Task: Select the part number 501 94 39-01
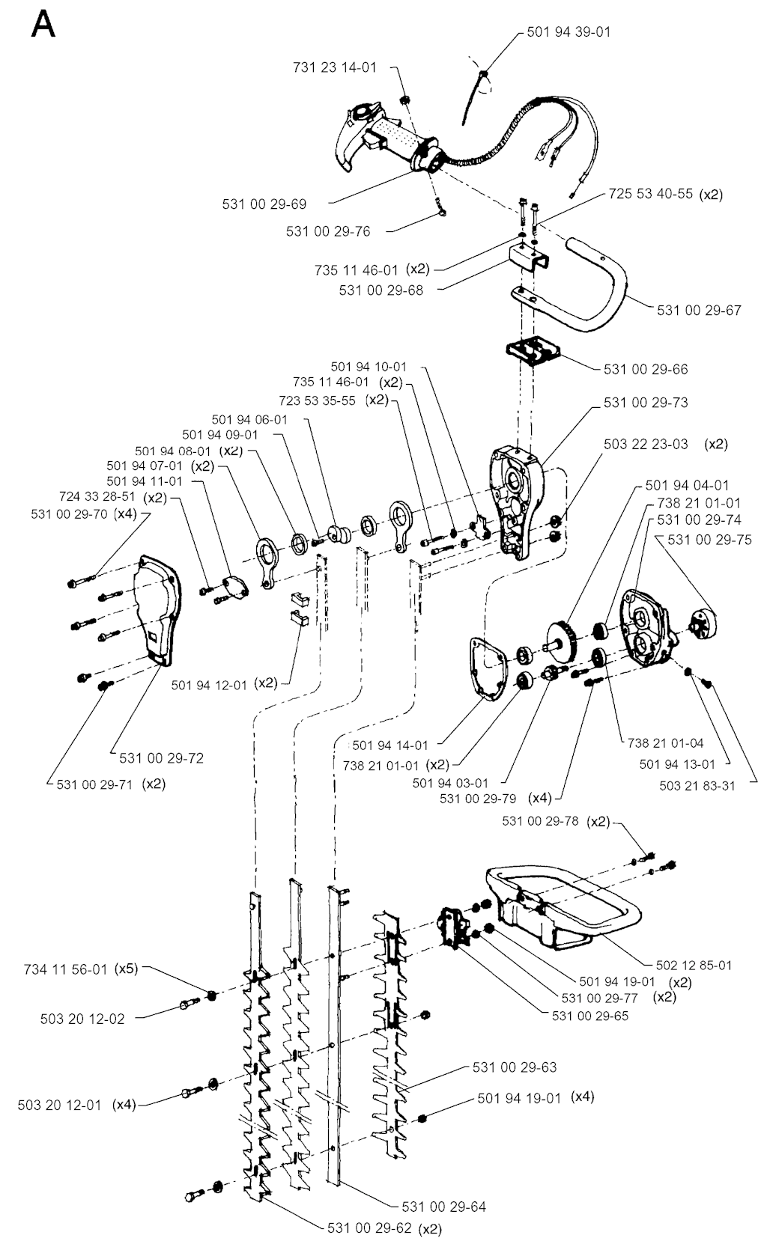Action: (569, 32)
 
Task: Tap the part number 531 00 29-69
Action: (264, 204)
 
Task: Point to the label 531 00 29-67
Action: (699, 310)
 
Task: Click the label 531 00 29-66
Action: (645, 369)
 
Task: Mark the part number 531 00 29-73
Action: (645, 403)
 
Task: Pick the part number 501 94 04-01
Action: (687, 485)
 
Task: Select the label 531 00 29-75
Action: (709, 539)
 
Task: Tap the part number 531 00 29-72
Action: (161, 757)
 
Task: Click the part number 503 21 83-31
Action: (697, 785)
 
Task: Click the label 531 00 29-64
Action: (443, 1207)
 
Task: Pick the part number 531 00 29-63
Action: (515, 1067)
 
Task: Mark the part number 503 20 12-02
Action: (82, 1019)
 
